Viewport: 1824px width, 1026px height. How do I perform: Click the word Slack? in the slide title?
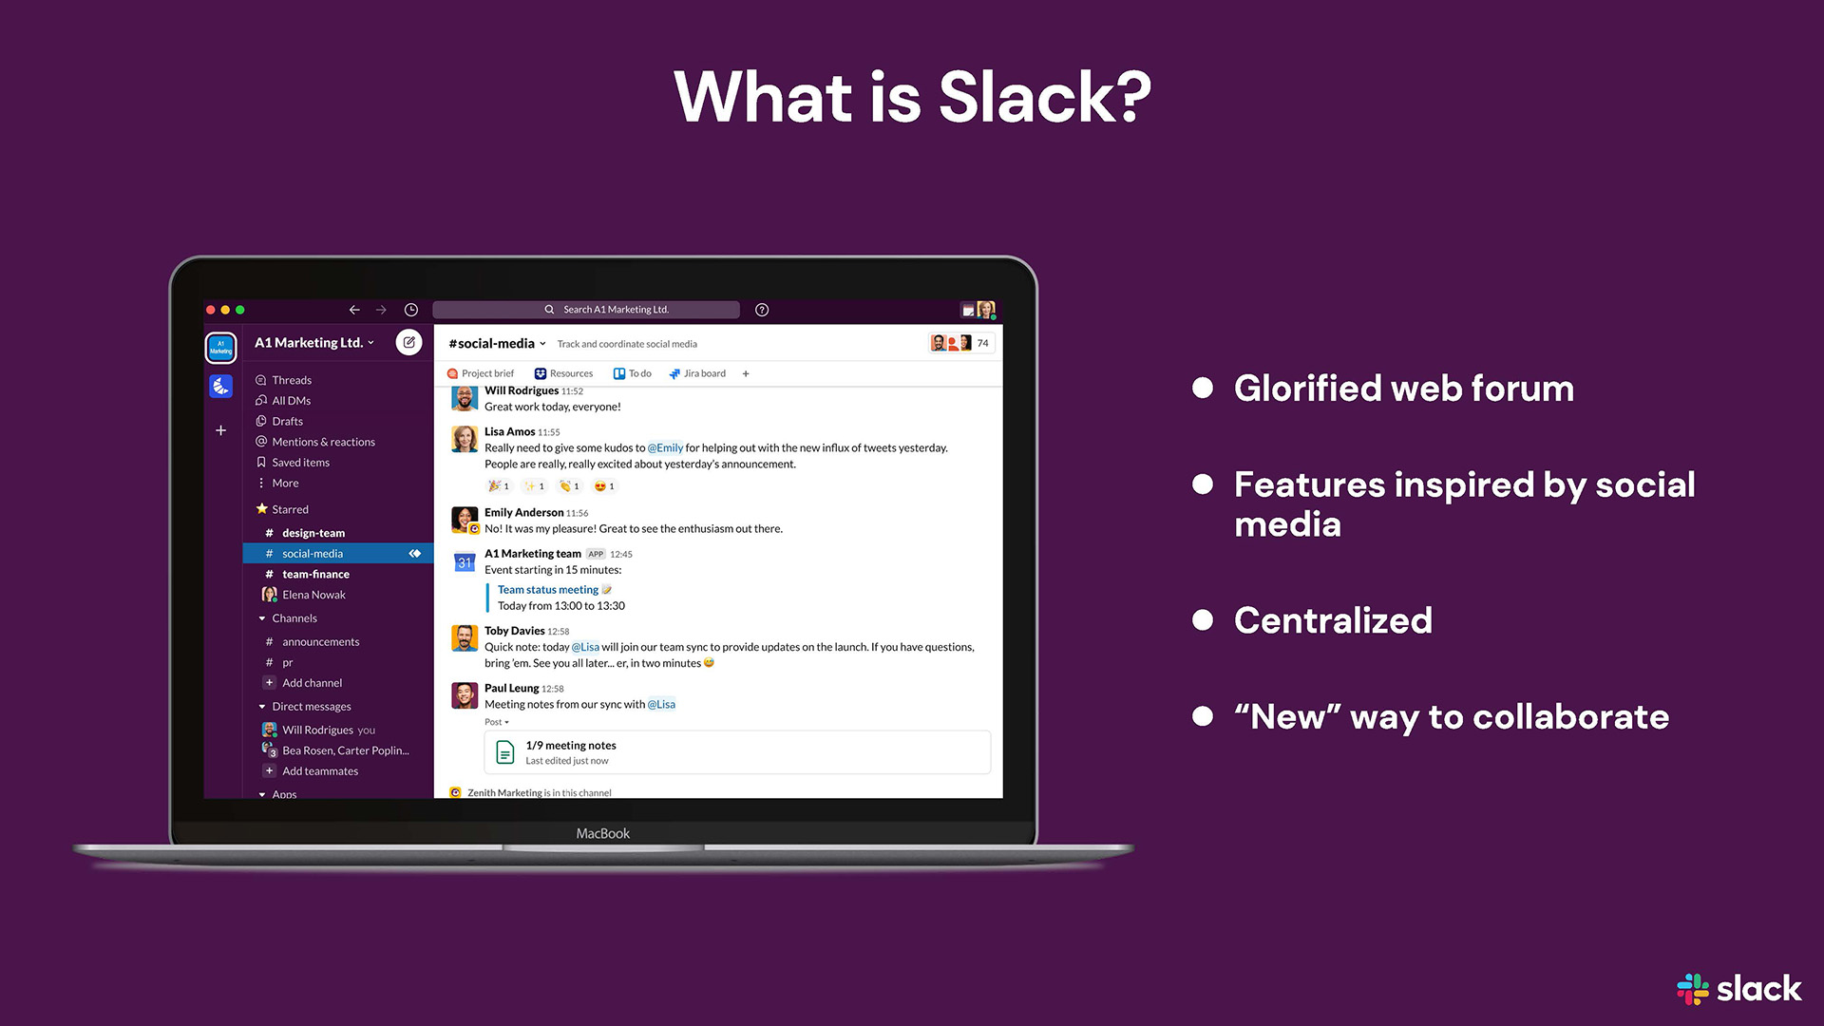point(1044,97)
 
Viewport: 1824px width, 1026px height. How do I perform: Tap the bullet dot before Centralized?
point(1203,620)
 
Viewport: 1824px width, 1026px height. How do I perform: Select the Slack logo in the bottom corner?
point(1739,989)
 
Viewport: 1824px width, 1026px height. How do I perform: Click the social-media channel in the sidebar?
point(313,554)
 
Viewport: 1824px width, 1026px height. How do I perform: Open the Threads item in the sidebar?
point(291,380)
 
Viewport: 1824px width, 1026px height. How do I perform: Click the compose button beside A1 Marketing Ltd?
point(408,343)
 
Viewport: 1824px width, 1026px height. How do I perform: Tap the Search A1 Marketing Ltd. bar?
point(586,310)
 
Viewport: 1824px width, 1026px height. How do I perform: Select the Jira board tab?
point(698,374)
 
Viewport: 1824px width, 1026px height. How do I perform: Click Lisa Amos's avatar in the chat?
point(464,439)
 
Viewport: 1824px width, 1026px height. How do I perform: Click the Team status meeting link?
point(548,590)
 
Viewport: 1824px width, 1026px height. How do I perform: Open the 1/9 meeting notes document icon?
point(505,753)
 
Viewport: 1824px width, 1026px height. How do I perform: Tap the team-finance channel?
point(315,575)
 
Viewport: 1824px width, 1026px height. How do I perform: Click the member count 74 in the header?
point(982,344)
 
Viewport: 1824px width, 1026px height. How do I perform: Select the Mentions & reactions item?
point(323,443)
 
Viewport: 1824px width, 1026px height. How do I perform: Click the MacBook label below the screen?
point(602,834)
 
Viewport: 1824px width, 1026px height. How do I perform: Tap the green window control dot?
point(240,310)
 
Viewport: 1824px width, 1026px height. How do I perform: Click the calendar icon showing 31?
point(464,562)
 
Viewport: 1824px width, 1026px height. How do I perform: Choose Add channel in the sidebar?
point(312,683)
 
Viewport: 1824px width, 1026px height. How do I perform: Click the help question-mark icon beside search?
point(762,310)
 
